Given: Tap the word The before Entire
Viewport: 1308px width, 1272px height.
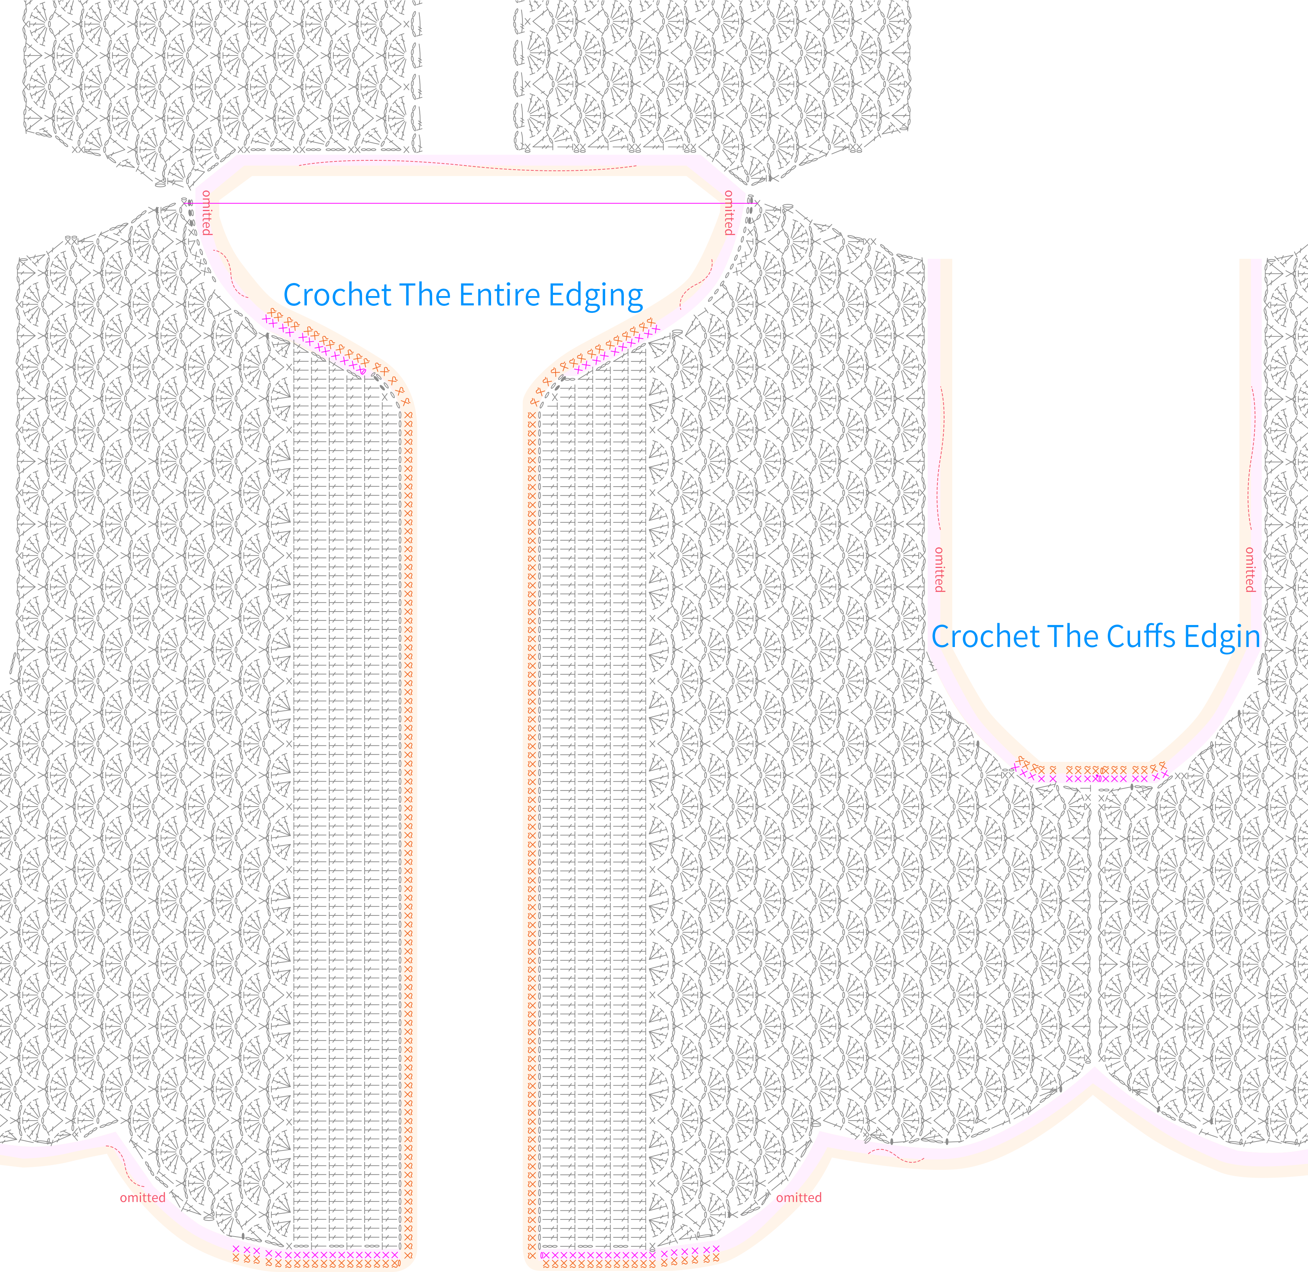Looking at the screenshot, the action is [415, 295].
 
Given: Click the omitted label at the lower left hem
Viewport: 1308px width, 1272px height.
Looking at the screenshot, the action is [142, 1197].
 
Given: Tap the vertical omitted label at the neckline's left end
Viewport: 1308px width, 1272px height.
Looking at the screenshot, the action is [207, 213].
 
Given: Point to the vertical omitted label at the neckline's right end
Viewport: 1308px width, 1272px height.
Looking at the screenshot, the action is [729, 213].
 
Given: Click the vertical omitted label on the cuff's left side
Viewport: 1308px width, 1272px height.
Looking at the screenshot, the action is [939, 569].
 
